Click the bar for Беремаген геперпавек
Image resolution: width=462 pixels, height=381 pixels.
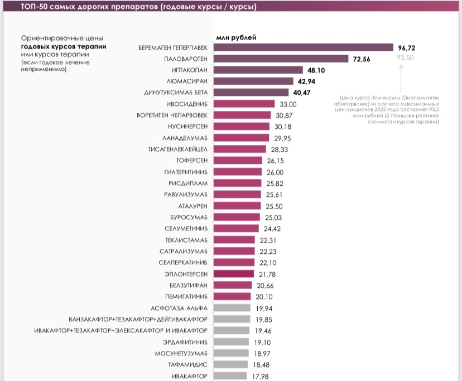(303, 48)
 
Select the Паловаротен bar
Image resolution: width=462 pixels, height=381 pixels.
(281, 59)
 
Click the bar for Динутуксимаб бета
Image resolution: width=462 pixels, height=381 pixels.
(251, 93)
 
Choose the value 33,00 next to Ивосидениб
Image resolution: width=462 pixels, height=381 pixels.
(288, 104)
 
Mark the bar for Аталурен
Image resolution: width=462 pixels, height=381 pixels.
(237, 206)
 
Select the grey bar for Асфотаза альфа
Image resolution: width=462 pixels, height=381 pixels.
(232, 308)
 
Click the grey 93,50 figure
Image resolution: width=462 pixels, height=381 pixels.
(405, 58)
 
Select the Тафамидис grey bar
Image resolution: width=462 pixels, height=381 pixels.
(230, 365)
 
